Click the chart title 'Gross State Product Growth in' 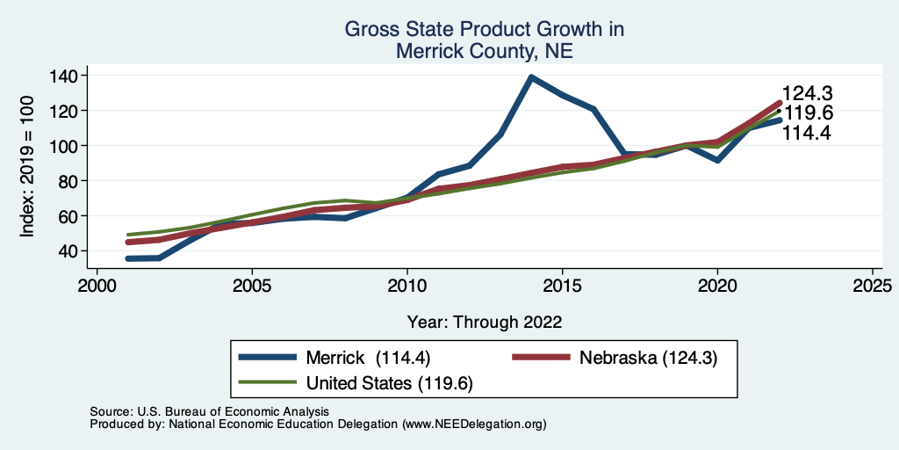pyautogui.click(x=484, y=29)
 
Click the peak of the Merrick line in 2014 pyautogui.click(x=531, y=77)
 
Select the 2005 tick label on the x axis pyautogui.click(x=252, y=287)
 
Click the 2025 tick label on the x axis pyautogui.click(x=873, y=287)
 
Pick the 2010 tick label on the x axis pyautogui.click(x=407, y=287)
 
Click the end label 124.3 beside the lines pyautogui.click(x=807, y=94)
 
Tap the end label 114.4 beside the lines pyautogui.click(x=807, y=133)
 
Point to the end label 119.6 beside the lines pyautogui.click(x=807, y=113)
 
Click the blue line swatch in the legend pyautogui.click(x=268, y=358)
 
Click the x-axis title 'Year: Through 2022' pyautogui.click(x=485, y=322)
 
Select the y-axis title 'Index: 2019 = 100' pyautogui.click(x=27, y=163)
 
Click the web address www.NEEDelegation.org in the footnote pyautogui.click(x=474, y=425)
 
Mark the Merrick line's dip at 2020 pyautogui.click(x=717, y=160)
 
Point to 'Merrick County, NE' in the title pyautogui.click(x=484, y=51)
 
